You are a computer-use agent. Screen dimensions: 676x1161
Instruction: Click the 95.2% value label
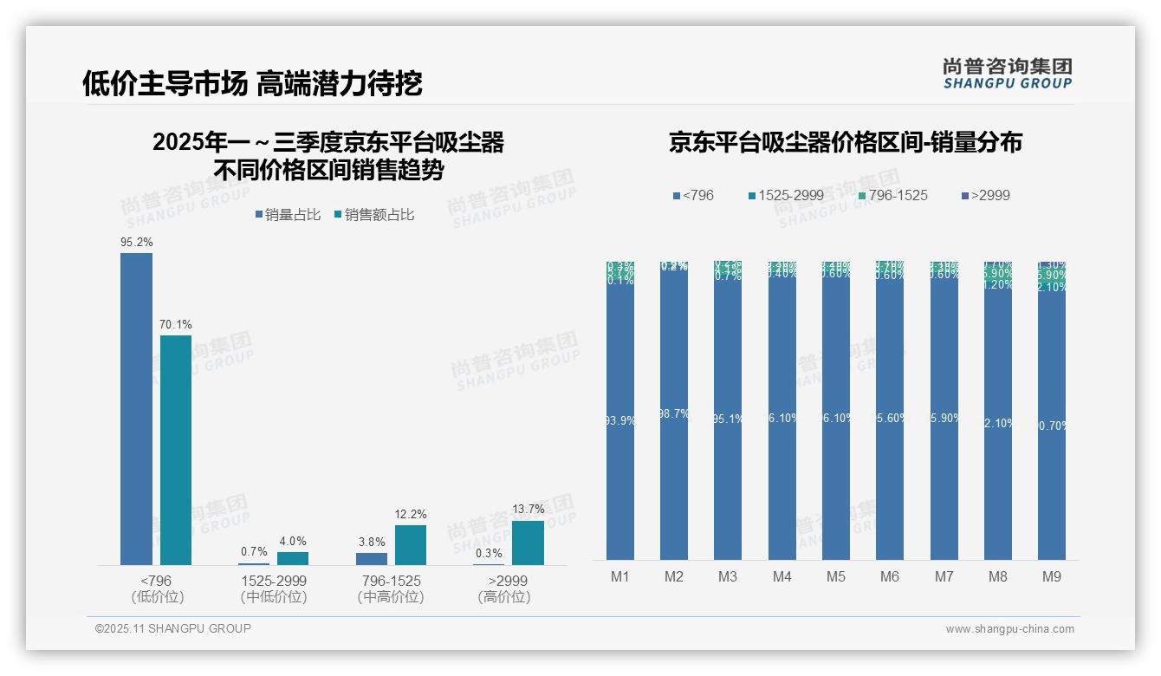pos(136,243)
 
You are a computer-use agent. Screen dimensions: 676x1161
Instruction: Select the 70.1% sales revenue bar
pos(176,450)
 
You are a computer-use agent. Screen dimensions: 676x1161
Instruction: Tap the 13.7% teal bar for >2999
pos(528,543)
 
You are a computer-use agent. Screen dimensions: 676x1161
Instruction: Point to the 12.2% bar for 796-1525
pos(411,545)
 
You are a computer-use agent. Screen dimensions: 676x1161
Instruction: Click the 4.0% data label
pos(293,541)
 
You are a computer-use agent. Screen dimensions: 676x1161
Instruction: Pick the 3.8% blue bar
pos(372,559)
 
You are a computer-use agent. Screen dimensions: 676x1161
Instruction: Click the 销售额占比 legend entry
pos(373,215)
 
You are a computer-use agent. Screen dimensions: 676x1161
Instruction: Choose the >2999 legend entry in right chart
pos(984,196)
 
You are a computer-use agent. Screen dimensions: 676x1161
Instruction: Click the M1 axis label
pos(620,576)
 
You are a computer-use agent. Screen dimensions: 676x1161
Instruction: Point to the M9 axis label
pos(1051,576)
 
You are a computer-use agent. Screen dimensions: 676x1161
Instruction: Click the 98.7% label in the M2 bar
pos(674,414)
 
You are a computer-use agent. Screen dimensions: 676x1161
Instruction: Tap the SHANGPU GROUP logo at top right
pos(1008,73)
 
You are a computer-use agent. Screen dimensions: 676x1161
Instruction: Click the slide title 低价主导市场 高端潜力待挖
pos(252,83)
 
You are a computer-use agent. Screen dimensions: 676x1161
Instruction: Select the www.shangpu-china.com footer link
pos(1009,629)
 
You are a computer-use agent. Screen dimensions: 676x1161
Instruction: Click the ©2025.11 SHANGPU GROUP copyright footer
pos(173,628)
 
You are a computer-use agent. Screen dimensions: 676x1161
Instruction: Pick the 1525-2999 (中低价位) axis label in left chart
pos(274,588)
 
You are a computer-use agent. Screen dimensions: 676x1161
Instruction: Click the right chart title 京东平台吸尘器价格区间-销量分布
pos(845,142)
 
